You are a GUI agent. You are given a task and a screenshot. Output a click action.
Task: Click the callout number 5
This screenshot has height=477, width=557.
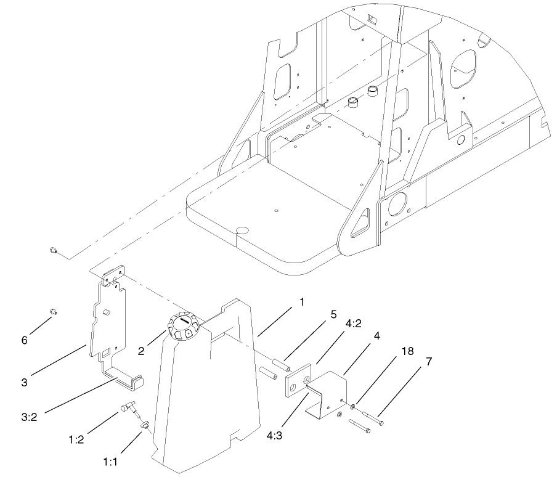coord(333,314)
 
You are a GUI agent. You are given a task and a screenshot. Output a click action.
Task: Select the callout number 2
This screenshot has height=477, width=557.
coord(141,351)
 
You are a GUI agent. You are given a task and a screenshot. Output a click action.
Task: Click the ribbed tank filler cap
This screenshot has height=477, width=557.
coord(183,326)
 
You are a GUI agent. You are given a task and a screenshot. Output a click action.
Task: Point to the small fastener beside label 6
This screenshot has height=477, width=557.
coord(53,312)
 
